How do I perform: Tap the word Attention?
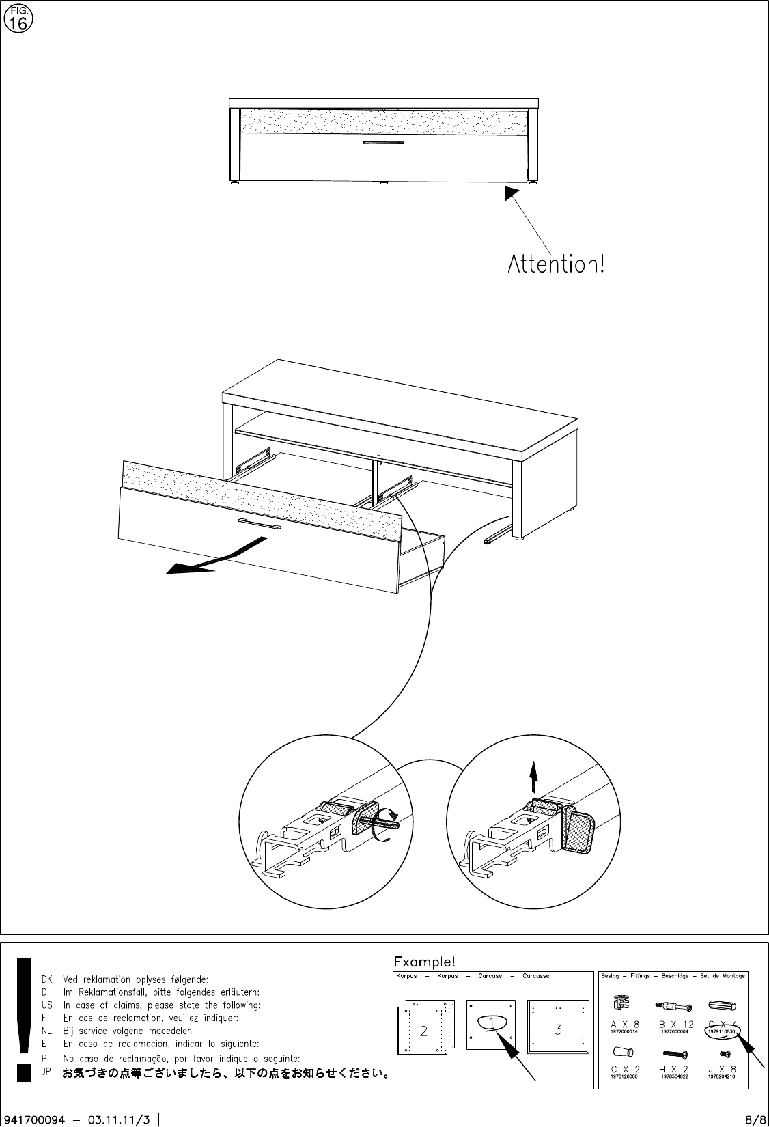(556, 264)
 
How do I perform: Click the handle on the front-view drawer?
(383, 143)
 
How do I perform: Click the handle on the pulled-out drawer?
(259, 525)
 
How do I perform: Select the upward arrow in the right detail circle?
(534, 777)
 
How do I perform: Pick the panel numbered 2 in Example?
(423, 1031)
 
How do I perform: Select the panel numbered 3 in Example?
(558, 1030)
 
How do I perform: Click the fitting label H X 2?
(673, 1069)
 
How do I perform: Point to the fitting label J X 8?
(723, 1069)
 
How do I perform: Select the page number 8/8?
(755, 1119)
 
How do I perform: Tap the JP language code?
(46, 1072)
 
